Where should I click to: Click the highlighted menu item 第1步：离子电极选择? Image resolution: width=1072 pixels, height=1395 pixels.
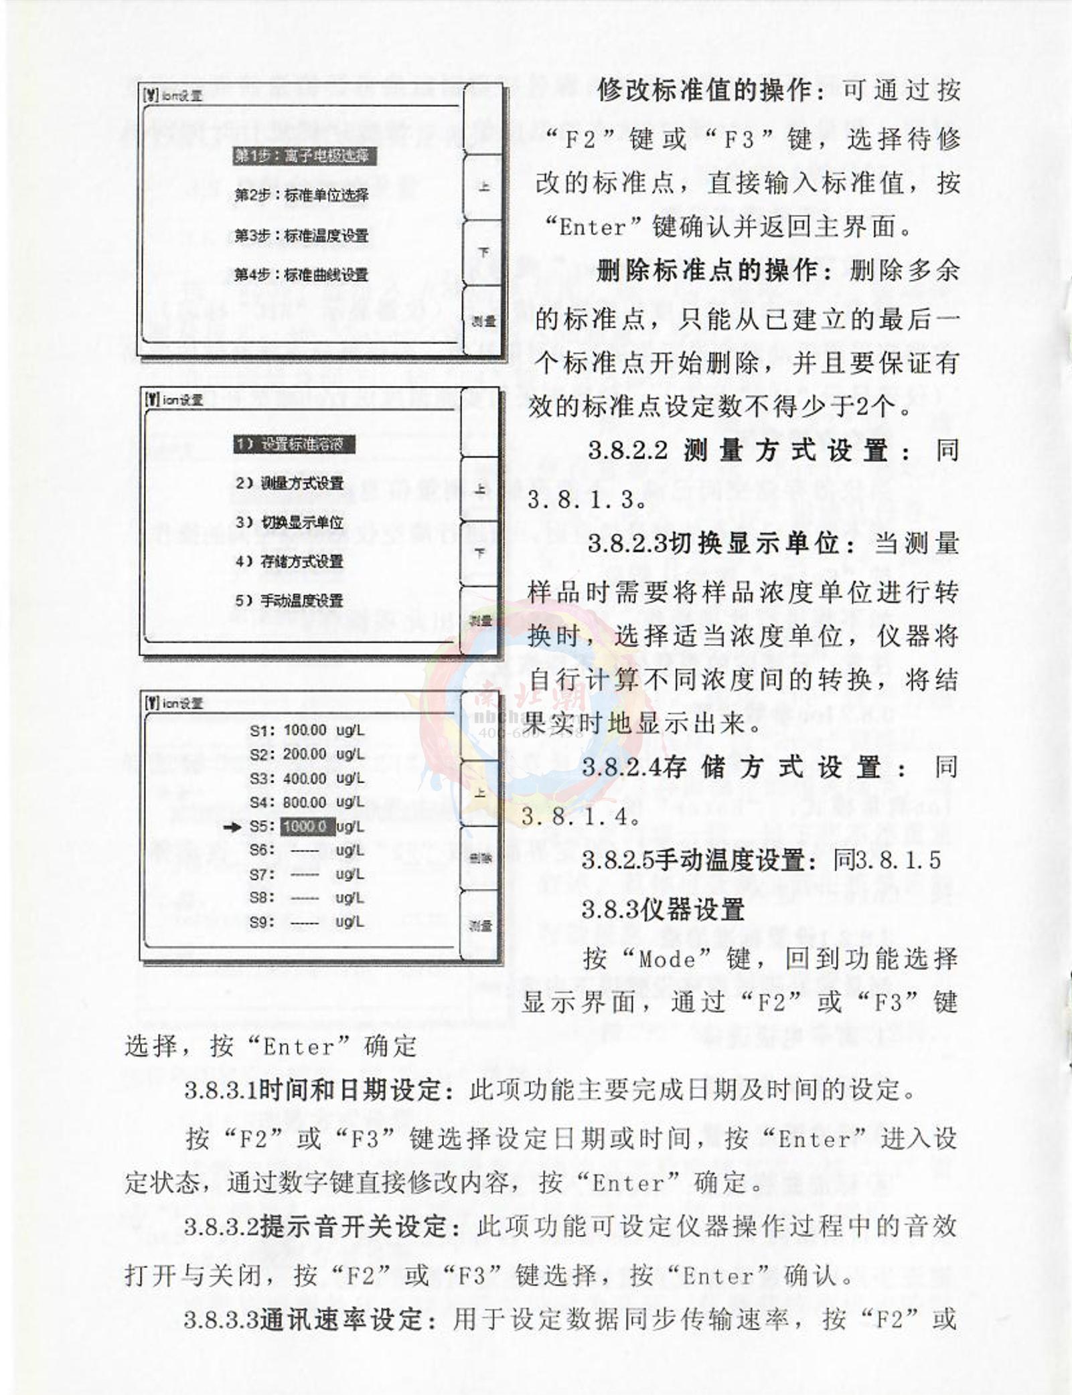tap(304, 156)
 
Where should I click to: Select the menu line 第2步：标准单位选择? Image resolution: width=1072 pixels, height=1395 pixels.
tap(301, 195)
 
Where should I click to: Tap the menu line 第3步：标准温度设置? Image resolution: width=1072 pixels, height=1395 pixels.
tap(301, 236)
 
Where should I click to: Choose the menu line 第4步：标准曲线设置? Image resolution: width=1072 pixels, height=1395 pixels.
tap(301, 274)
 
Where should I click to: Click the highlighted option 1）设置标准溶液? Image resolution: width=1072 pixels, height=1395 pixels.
tap(294, 444)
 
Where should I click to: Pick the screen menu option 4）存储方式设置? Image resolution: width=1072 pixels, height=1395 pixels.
tap(289, 561)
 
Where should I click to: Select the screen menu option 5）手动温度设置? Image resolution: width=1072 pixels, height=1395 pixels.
tap(289, 600)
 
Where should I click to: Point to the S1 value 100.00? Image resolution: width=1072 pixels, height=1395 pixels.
tap(305, 730)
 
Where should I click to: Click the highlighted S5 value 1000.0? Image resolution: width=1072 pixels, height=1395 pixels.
tap(306, 826)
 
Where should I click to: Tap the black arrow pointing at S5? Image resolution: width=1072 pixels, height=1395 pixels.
tap(232, 827)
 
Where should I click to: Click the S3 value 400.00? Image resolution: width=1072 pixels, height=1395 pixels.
tap(305, 778)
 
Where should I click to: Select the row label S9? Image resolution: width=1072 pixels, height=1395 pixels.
tap(262, 922)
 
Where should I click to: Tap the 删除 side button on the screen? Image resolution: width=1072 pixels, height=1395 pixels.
tap(480, 859)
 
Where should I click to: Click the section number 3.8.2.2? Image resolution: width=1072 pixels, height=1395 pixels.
tap(628, 450)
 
